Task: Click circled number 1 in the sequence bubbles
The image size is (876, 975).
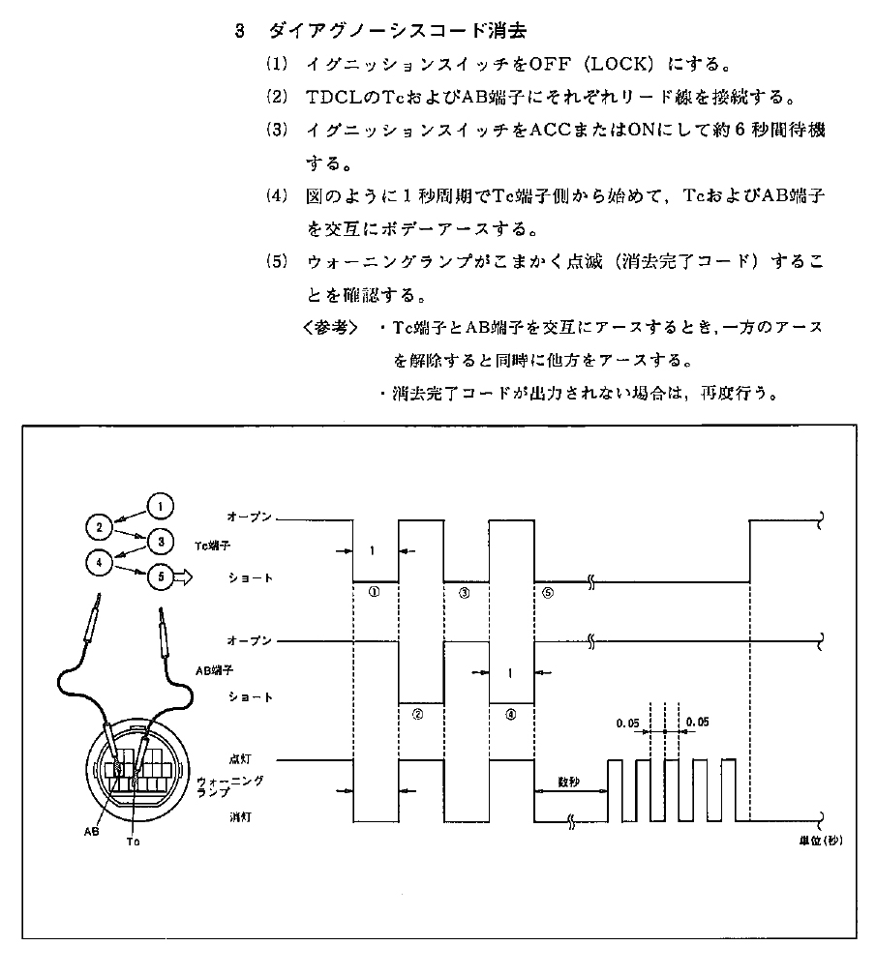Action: pos(162,505)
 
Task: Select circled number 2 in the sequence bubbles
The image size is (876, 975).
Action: pos(100,527)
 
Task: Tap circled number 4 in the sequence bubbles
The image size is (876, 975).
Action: pos(100,560)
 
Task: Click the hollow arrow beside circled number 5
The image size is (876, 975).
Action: pos(185,577)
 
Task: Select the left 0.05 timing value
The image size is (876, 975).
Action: pos(628,722)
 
